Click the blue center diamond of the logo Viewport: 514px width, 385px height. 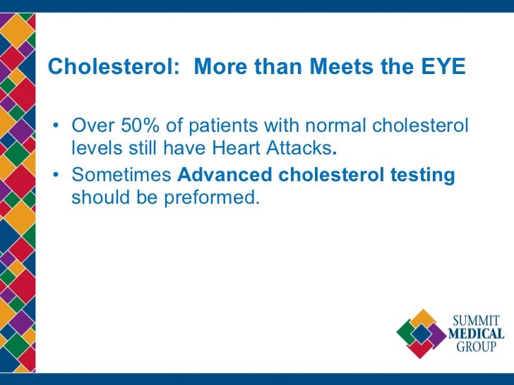(422, 334)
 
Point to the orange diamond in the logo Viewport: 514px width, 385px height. (423, 319)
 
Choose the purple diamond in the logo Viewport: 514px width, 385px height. (436, 334)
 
